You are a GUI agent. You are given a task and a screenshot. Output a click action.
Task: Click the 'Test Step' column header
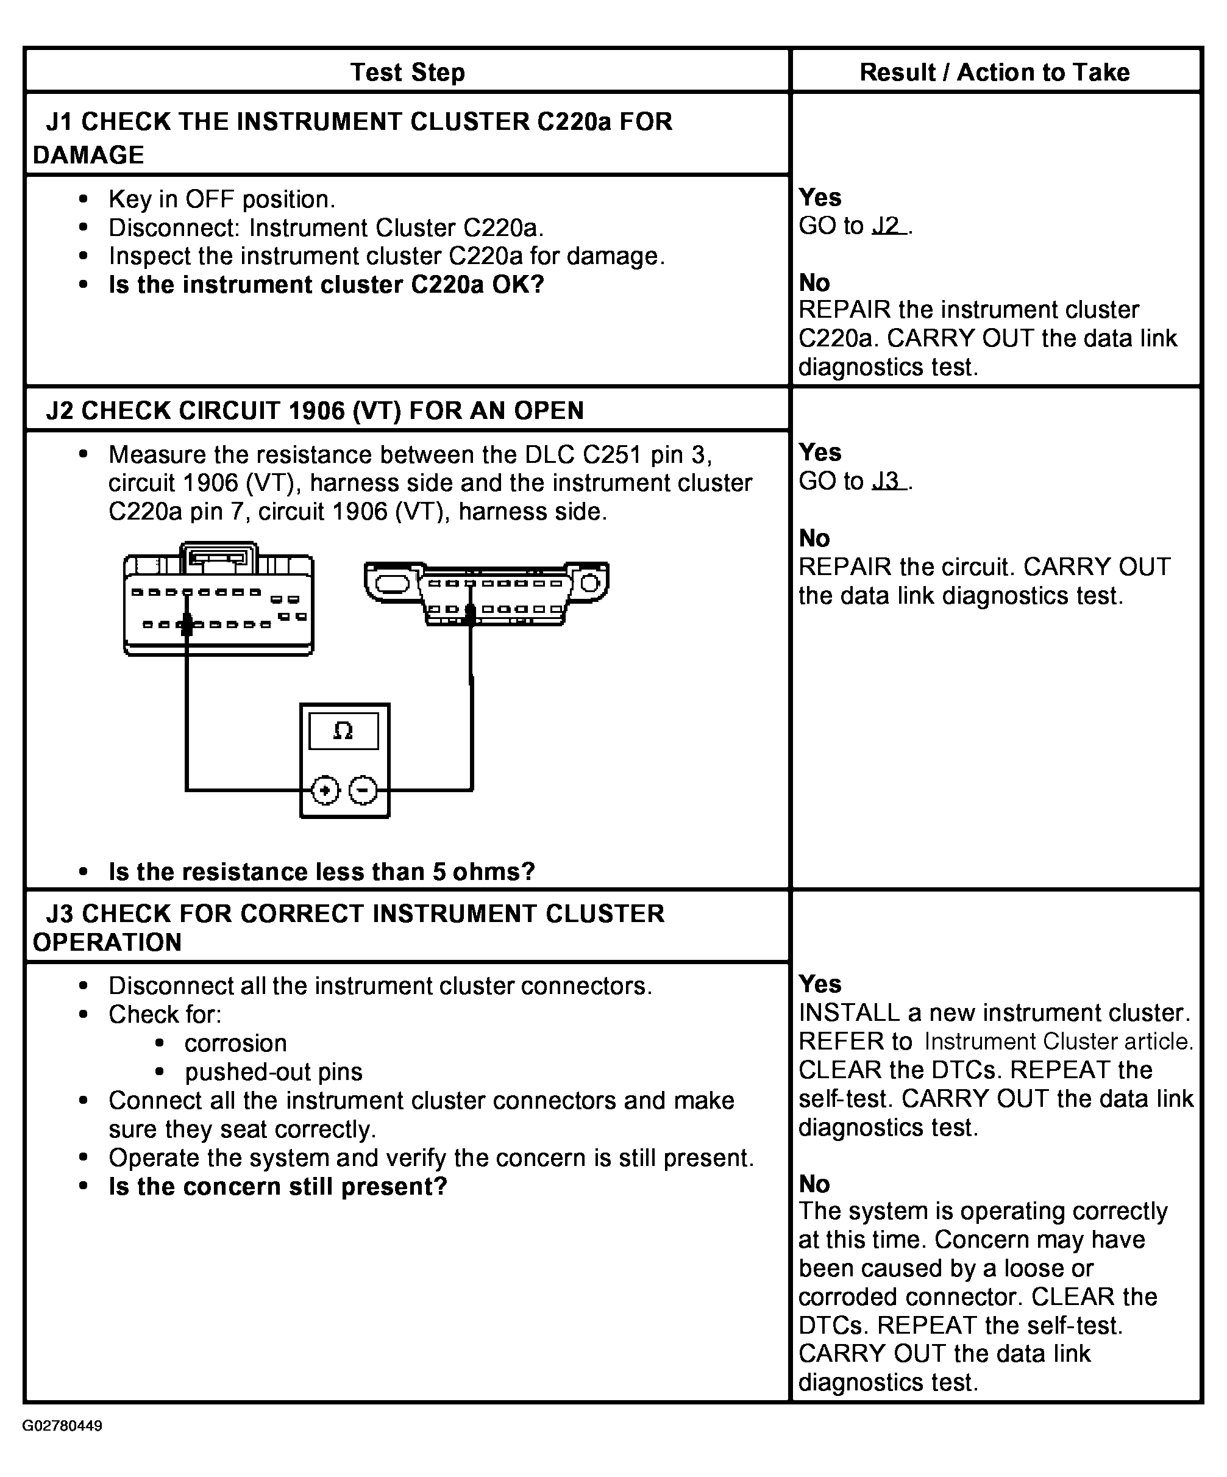coord(407,72)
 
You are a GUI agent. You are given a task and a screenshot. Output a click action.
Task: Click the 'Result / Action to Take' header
coord(994,72)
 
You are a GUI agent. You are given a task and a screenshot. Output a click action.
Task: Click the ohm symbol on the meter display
coord(343,731)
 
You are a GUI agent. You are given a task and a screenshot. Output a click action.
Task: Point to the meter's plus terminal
coord(325,790)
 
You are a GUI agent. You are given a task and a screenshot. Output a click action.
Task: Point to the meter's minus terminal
coord(363,790)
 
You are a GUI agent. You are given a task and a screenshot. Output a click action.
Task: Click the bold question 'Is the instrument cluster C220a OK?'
coord(326,285)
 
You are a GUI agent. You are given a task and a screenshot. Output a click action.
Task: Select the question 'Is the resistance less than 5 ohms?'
coord(321,871)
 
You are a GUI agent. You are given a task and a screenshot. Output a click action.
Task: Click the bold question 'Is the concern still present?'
coord(278,1187)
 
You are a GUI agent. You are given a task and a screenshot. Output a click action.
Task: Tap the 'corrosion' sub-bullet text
coord(235,1043)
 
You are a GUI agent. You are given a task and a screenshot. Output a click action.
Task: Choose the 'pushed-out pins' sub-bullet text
coord(274,1072)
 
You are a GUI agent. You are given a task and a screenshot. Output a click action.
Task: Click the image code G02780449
coord(62,1426)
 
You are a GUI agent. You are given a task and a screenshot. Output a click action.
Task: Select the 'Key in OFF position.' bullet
coord(221,200)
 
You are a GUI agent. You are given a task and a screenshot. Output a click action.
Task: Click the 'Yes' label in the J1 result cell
coord(820,197)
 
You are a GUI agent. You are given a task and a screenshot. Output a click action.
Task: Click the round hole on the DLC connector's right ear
coord(590,583)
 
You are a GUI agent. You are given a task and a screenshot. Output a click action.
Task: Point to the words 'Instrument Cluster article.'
coord(1059,1041)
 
